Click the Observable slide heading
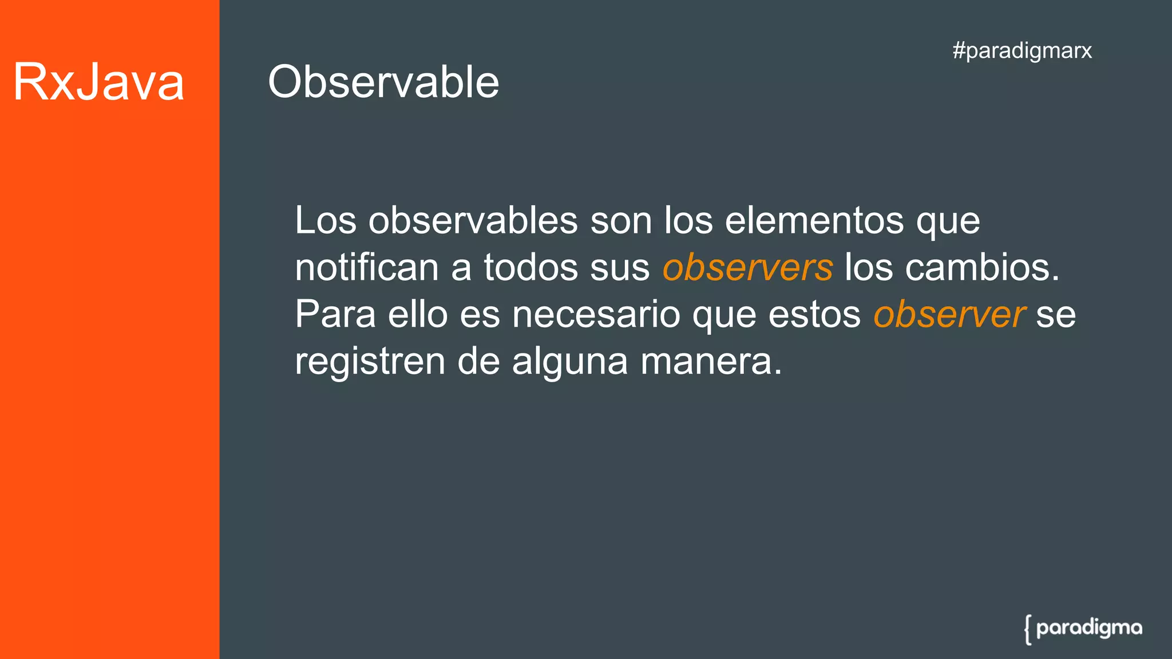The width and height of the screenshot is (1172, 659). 383,82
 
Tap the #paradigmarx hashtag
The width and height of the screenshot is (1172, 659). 1022,51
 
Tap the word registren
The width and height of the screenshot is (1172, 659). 370,362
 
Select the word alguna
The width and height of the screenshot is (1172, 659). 569,362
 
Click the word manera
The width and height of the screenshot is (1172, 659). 711,362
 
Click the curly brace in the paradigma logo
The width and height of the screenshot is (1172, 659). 1028,630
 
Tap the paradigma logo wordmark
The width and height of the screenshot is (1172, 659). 1089,628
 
